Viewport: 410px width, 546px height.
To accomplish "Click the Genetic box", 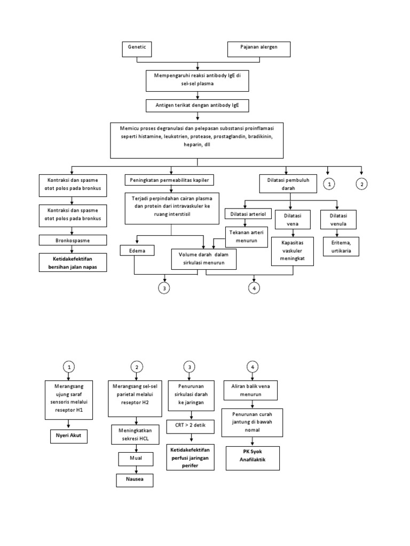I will click(137, 49).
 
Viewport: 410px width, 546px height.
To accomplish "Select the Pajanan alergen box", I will click(260, 49).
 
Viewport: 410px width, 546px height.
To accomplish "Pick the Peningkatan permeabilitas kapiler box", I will click(170, 180).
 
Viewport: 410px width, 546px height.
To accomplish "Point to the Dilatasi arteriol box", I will click(248, 214).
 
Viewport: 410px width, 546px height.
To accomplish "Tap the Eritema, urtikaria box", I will click(337, 246).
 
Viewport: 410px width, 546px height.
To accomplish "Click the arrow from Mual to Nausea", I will click(136, 469).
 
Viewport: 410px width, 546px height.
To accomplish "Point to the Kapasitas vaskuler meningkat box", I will click(291, 251).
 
